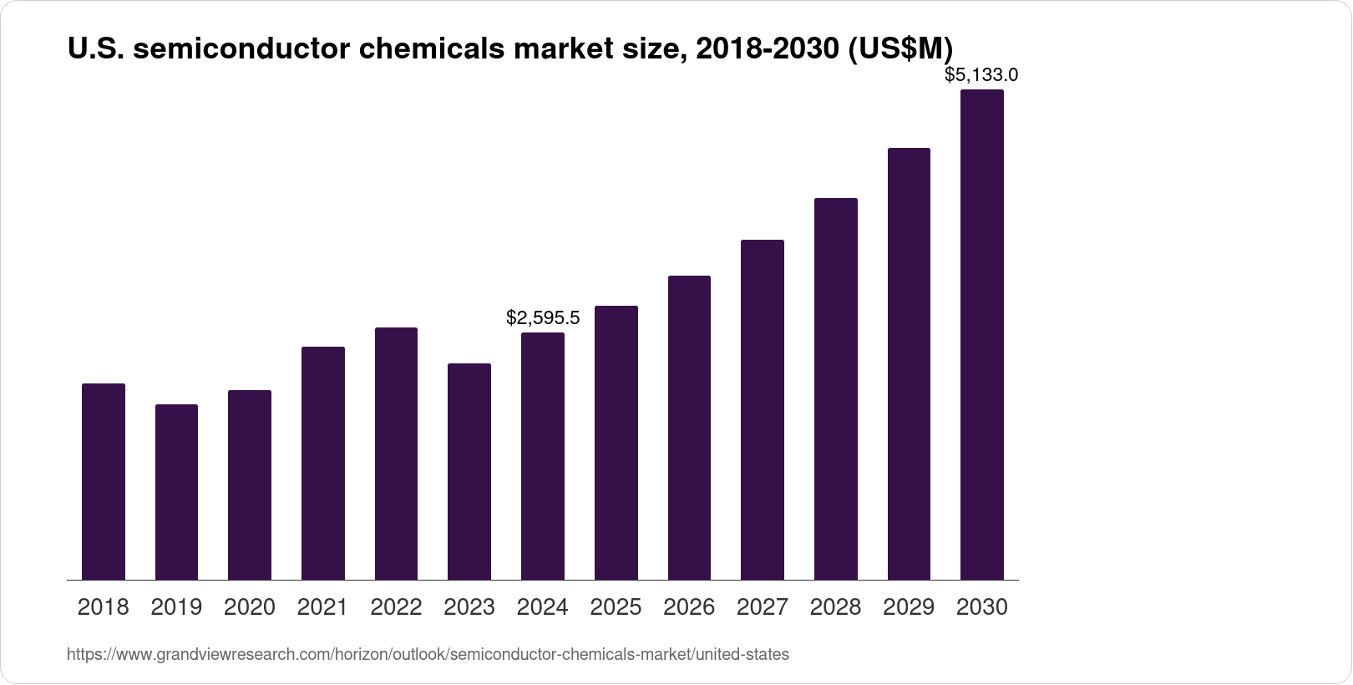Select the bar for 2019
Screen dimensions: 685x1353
176,492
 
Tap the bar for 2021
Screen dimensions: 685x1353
322,463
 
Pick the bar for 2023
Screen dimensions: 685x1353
469,471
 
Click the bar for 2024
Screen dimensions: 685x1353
543,456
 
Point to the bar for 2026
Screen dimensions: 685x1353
689,428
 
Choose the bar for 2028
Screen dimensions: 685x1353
835,388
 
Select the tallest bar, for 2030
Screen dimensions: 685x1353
982,334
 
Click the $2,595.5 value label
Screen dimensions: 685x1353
543,318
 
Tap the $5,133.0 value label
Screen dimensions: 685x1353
981,75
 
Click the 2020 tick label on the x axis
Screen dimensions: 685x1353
250,607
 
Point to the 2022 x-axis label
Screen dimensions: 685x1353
396,607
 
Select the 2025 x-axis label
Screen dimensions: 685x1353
616,607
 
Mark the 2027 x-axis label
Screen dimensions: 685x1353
763,607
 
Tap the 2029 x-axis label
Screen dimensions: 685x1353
909,607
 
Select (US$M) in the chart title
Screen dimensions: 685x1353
900,49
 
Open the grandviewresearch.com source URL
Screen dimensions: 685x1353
428,655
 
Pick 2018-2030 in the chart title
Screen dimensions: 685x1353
767,49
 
